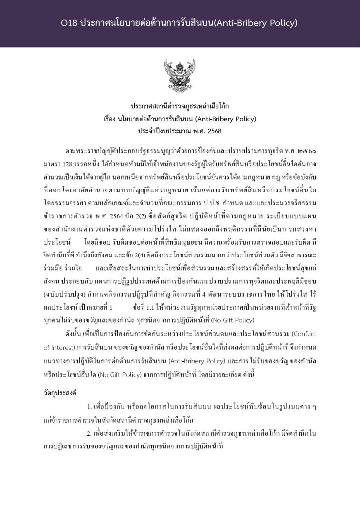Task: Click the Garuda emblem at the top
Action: pos(179,76)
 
